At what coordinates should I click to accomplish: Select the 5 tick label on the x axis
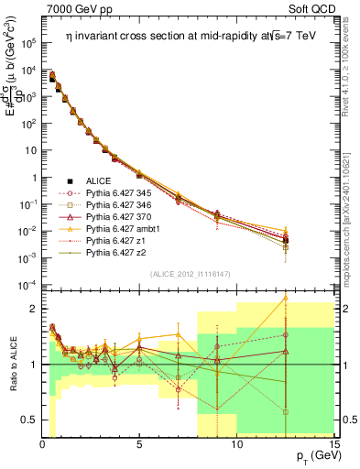[x=139, y=445]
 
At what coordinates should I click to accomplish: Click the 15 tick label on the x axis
[x=333, y=445]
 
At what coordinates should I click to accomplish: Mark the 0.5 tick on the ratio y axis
[x=30, y=420]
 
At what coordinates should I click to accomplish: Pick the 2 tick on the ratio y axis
[x=34, y=309]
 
